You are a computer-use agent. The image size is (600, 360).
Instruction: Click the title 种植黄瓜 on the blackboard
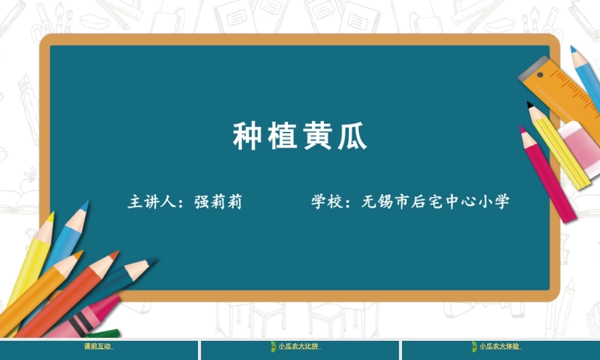[x=299, y=137]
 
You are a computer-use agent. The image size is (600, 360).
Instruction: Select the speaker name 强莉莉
[x=218, y=202]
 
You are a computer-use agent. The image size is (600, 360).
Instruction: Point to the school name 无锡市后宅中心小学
[x=435, y=202]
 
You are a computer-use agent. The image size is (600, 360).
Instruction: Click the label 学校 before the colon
[x=326, y=202]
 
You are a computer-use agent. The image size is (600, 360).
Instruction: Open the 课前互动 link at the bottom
[x=98, y=346]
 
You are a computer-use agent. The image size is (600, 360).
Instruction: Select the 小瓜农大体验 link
[x=500, y=346]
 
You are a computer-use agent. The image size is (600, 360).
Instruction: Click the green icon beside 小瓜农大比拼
[x=273, y=346]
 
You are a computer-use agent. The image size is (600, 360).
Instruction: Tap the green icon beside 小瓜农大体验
[x=474, y=346]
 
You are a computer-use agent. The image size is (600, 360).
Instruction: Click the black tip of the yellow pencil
[x=530, y=105]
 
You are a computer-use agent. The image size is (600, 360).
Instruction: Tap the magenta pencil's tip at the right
[x=523, y=129]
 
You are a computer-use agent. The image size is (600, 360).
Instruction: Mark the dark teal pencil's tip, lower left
[x=151, y=262]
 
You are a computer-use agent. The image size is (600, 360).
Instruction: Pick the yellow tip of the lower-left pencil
[x=51, y=215]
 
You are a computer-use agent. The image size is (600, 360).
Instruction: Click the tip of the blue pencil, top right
[x=572, y=49]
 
